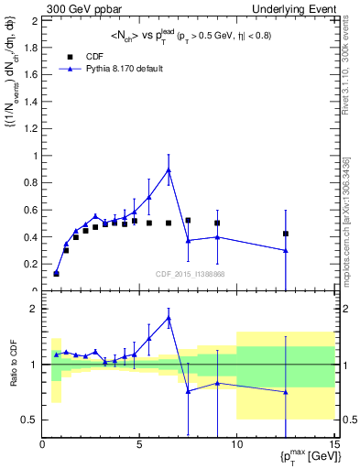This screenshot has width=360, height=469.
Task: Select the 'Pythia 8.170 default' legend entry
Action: [120, 68]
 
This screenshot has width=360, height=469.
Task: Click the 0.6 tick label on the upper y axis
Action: [32, 210]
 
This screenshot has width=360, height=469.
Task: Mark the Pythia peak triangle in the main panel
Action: [169, 169]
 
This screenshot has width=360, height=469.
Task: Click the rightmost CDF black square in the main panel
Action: [286, 234]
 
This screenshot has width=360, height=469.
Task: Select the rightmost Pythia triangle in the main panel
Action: [286, 250]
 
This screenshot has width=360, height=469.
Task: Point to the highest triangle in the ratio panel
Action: [169, 318]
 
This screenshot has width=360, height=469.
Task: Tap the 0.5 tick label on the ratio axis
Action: [29, 420]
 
